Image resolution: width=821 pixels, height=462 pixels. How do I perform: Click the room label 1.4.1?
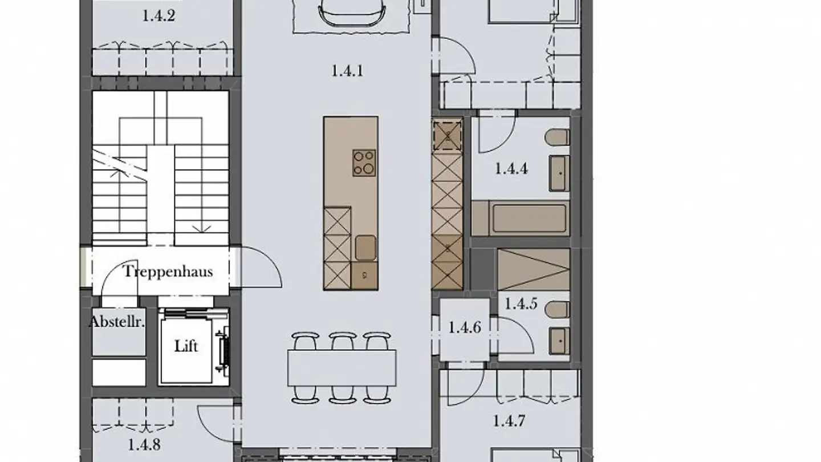pyautogui.click(x=347, y=71)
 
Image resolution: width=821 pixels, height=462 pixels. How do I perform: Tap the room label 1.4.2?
pyautogui.click(x=158, y=15)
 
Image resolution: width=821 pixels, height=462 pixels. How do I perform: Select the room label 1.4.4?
pyautogui.click(x=511, y=168)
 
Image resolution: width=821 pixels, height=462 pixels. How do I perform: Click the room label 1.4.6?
pyautogui.click(x=464, y=327)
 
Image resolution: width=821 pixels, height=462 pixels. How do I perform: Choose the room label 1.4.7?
pyautogui.click(x=509, y=422)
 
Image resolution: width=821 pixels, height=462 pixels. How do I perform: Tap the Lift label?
pyautogui.click(x=186, y=346)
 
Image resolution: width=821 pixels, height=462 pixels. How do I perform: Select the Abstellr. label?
pyautogui.click(x=117, y=322)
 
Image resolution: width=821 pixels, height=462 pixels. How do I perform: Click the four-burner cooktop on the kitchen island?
pyautogui.click(x=364, y=163)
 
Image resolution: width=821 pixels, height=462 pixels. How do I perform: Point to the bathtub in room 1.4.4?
pyautogui.click(x=521, y=218)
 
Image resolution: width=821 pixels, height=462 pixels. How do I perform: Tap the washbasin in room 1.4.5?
pyautogui.click(x=559, y=341)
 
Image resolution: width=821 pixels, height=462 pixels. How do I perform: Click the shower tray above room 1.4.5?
pyautogui.click(x=533, y=269)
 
